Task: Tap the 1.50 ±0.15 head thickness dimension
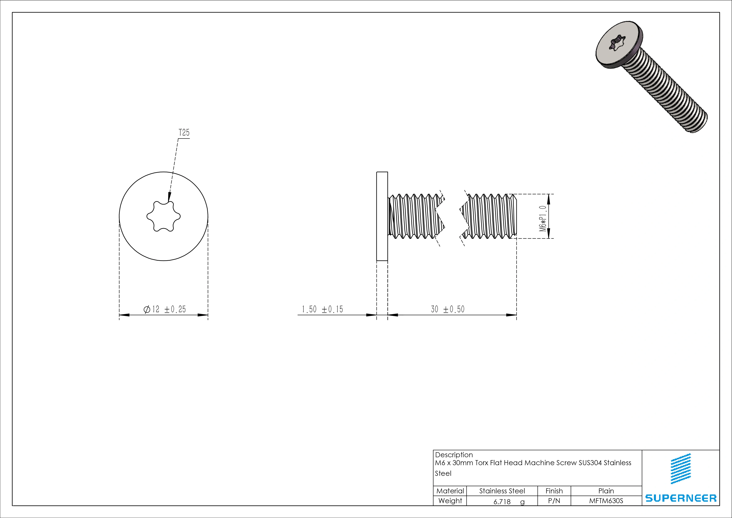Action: (x=322, y=309)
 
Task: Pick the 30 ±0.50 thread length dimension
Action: (x=448, y=309)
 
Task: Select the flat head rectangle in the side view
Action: (x=382, y=216)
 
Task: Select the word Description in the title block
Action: (x=454, y=455)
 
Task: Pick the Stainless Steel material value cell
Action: (x=502, y=491)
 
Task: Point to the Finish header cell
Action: (x=554, y=491)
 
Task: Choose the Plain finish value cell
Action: (x=606, y=491)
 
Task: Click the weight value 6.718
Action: (x=502, y=502)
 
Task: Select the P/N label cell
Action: (x=554, y=501)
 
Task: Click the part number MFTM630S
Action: (x=606, y=501)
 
